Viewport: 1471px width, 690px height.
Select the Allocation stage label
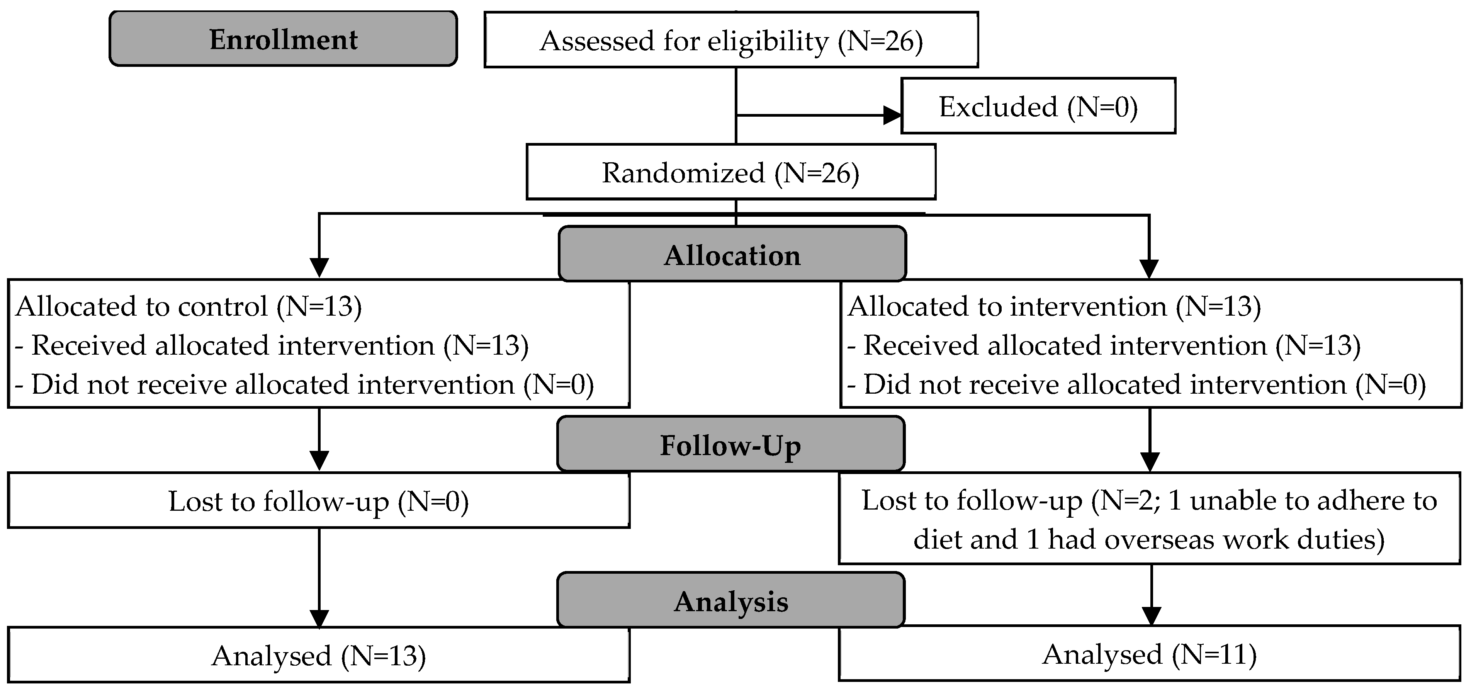tap(732, 254)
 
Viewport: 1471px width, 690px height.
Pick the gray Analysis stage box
tap(731, 600)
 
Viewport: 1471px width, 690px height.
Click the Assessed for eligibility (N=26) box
tap(731, 40)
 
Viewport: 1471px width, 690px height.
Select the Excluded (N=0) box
tap(1038, 106)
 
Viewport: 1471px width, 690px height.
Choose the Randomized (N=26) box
tap(730, 172)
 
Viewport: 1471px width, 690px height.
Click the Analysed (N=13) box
tap(319, 655)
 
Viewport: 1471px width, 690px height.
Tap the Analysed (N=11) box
tap(1150, 654)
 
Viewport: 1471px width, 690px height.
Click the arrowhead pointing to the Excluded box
tap(892, 116)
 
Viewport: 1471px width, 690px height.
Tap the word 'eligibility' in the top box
tap(768, 41)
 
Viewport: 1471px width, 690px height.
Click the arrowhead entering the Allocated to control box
tap(319, 268)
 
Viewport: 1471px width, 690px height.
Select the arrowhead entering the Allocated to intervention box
tap(1149, 269)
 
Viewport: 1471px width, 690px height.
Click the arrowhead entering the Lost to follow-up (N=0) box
tap(319, 461)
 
